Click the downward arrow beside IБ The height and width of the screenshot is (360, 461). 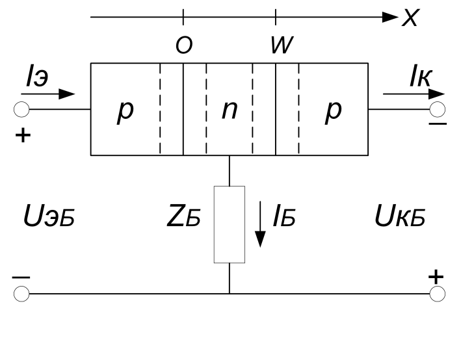point(260,224)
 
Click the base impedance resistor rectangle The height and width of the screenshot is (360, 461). point(230,224)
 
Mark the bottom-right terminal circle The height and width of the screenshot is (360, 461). point(438,294)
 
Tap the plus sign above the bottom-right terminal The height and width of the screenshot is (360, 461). point(436,276)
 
